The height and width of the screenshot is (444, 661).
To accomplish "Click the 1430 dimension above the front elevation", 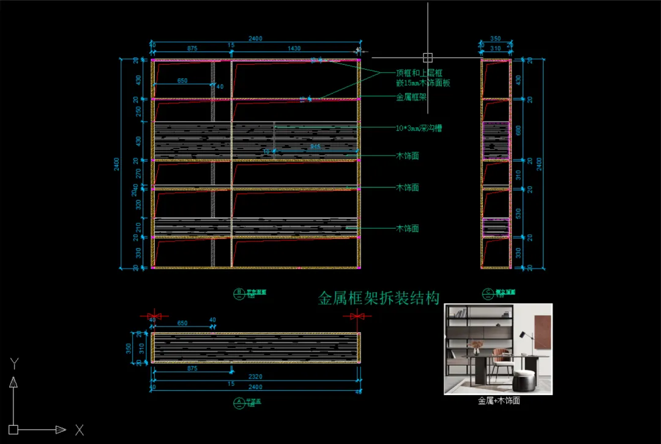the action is pos(294,48).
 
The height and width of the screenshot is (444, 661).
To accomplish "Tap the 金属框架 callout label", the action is pos(411,97).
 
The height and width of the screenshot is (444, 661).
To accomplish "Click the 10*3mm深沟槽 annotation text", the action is pos(419,128).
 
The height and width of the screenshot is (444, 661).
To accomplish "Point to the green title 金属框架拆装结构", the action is pos(379,298).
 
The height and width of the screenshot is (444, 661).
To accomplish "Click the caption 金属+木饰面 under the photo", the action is pos(498,401).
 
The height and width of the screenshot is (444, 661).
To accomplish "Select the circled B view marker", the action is pos(239,292).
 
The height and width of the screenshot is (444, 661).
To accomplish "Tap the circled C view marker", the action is pos(488,292).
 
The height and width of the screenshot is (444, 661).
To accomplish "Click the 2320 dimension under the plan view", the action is pos(255,377).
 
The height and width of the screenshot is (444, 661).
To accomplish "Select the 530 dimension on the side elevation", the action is pos(519,213).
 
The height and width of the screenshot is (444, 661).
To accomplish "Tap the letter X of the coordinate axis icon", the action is pos(79,430).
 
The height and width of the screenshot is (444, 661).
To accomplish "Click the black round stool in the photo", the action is pos(523,382).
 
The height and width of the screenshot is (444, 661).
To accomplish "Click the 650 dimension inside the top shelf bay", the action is pos(182,81).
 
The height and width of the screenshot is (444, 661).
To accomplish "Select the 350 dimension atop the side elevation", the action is pos(495,39).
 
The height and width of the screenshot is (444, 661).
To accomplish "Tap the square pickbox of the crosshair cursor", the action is pos(427,57).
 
